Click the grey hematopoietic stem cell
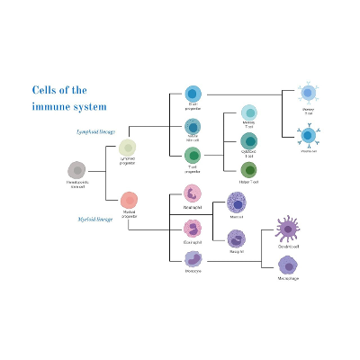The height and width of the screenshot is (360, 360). (77, 170)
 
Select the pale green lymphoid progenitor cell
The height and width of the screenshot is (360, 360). (128, 148)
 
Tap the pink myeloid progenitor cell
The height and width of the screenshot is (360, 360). (129, 200)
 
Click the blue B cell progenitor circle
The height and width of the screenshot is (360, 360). (193, 94)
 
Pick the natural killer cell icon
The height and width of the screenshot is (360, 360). (193, 125)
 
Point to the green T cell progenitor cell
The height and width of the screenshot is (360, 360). (193, 156)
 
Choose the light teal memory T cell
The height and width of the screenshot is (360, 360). (248, 112)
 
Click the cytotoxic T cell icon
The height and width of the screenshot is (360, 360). (248, 140)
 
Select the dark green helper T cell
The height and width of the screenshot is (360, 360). (248, 169)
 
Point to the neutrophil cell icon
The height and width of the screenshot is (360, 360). (193, 193)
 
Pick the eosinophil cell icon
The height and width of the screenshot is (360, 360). (193, 226)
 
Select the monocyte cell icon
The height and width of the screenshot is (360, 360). (193, 257)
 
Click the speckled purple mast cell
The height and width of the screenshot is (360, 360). (237, 204)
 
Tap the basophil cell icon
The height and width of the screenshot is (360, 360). (236, 238)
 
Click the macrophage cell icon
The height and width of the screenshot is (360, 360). (288, 265)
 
